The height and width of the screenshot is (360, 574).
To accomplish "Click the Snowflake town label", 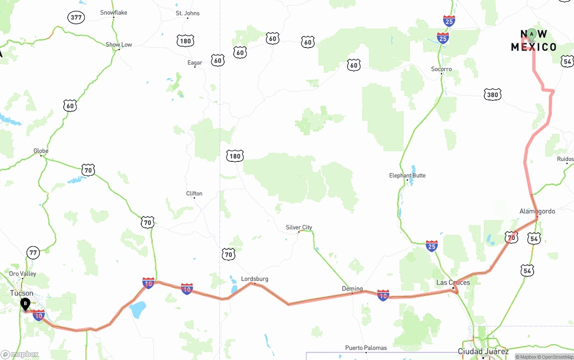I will (113, 13).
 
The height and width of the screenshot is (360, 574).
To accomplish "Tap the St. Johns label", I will (188, 13).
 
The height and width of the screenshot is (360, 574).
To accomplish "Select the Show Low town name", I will (119, 44).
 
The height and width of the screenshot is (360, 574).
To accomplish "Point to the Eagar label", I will (195, 63).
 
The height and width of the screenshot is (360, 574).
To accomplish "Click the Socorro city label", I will (441, 69).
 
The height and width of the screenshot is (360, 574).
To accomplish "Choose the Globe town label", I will (41, 151).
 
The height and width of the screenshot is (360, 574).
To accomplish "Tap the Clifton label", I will (194, 194).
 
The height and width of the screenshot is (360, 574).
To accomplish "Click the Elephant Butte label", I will (407, 175).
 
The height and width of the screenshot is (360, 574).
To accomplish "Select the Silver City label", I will (299, 227).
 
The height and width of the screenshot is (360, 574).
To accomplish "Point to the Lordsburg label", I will (255, 279).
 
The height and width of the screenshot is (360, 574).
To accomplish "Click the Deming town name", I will (352, 289).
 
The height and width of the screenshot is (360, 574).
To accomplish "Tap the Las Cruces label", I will (453, 282).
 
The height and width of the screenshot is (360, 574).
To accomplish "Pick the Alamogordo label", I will (537, 211).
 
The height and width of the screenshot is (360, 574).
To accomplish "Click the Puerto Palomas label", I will (366, 348).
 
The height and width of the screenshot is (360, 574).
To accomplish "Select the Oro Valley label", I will (23, 273).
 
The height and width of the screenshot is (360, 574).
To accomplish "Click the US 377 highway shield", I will (76, 18).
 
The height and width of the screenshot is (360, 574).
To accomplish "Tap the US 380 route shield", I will (492, 95).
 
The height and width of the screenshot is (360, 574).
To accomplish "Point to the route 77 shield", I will (33, 252).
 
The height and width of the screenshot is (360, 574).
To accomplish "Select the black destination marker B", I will (26, 304).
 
